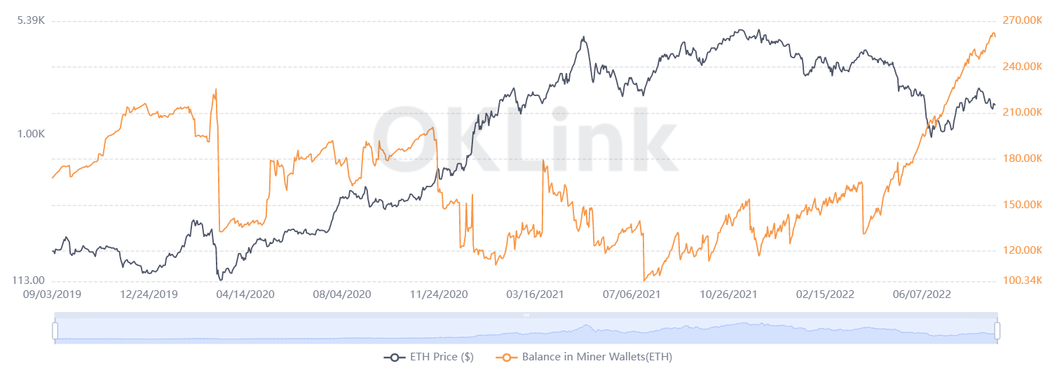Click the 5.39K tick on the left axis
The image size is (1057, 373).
[32, 20]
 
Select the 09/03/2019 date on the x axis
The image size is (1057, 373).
[53, 294]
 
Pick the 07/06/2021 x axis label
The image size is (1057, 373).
[632, 294]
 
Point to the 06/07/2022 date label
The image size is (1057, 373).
[922, 294]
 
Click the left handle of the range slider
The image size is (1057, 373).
[55, 330]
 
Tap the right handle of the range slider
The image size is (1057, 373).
[997, 330]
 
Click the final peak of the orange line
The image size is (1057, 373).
[993, 33]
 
